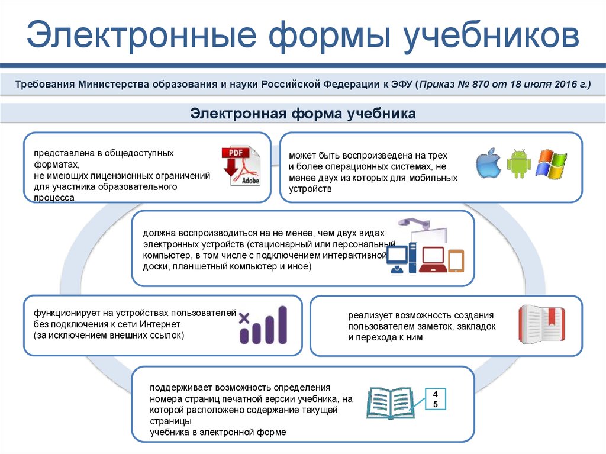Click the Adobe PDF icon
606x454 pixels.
point(241,166)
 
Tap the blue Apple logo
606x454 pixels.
point(488,163)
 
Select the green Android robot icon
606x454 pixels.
point(518,163)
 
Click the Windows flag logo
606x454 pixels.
point(551,164)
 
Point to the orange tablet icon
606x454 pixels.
point(456,261)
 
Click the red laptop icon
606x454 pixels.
point(433,259)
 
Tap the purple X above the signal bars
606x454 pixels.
point(244,318)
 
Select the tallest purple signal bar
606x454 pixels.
point(282,325)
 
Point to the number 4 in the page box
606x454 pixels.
point(435,394)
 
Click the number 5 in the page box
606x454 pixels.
point(435,404)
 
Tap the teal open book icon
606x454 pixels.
point(391,403)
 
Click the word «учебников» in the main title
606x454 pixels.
point(491,35)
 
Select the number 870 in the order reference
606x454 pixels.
point(480,84)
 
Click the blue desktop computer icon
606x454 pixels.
point(402,258)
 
